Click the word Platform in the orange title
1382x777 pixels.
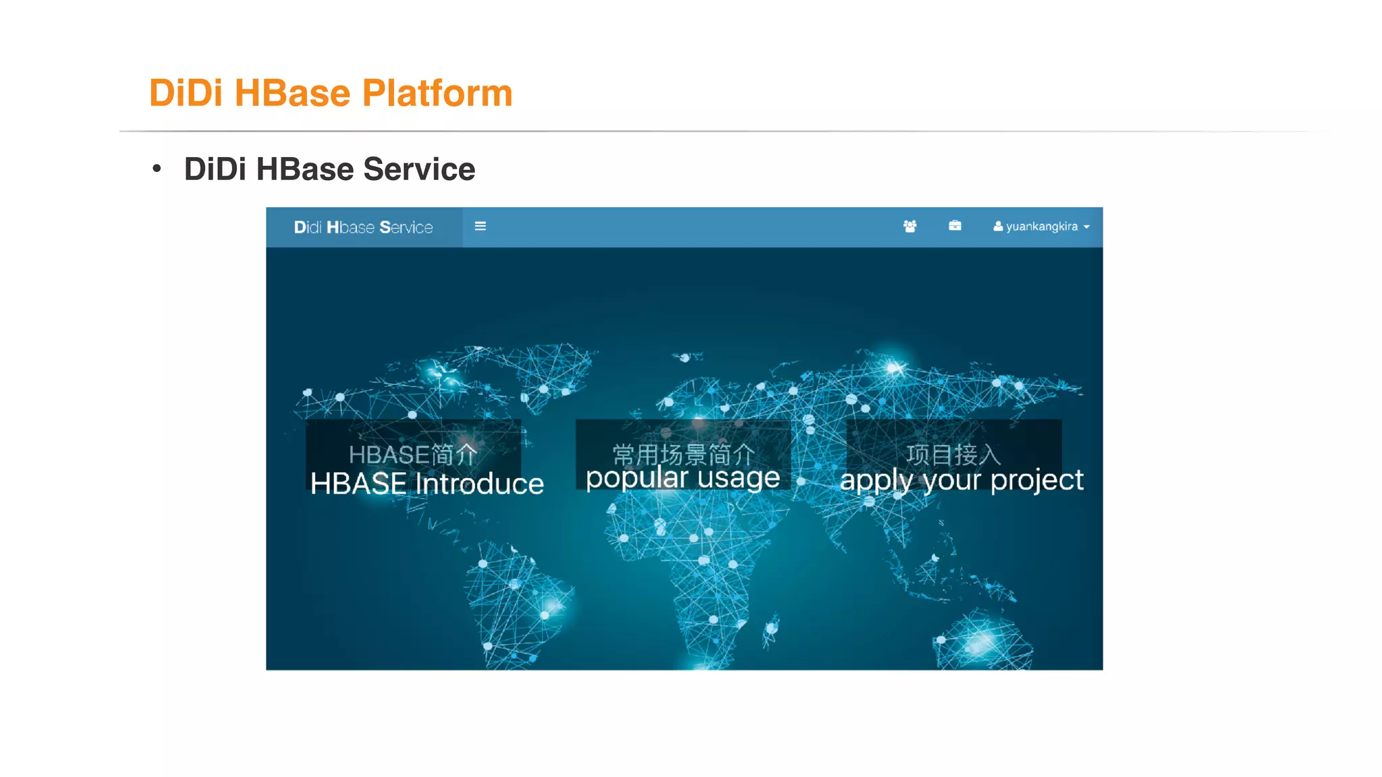(x=437, y=93)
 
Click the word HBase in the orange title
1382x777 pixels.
(x=292, y=93)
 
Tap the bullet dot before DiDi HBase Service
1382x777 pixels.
(x=157, y=169)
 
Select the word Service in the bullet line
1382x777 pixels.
(x=419, y=169)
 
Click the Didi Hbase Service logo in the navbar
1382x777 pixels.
(x=363, y=227)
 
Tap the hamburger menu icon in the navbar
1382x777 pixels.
(x=480, y=227)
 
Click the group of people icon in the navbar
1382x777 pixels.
(x=910, y=227)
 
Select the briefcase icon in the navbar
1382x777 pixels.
(x=955, y=226)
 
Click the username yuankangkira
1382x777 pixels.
(x=1041, y=227)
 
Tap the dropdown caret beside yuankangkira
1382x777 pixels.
(x=1086, y=227)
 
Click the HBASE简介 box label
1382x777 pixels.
(x=413, y=455)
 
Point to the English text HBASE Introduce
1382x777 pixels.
(x=426, y=484)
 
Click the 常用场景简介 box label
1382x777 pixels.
(x=683, y=455)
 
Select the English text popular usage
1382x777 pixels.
(x=682, y=478)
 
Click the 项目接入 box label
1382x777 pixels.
(x=953, y=455)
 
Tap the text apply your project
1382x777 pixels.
(x=962, y=480)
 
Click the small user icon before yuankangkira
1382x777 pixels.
(x=997, y=227)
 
